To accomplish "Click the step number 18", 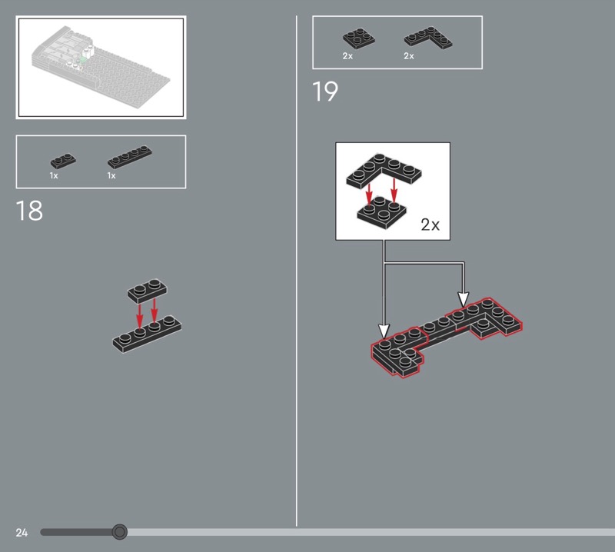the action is [29, 211].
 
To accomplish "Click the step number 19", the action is [324, 91].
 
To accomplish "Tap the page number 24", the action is [22, 532].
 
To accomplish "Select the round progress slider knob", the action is [120, 532].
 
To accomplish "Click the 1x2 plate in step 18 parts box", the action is [63, 161].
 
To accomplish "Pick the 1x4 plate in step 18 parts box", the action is [130, 157].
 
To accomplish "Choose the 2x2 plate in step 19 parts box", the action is [359, 38].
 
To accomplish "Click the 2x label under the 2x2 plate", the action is [347, 56].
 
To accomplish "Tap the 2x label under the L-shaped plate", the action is [409, 56].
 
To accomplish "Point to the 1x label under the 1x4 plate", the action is [111, 176].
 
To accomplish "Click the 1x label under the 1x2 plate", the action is [54, 176].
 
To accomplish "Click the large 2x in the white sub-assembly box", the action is [430, 224].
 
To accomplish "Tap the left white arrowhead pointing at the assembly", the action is [384, 331].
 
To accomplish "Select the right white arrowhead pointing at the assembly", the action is [464, 299].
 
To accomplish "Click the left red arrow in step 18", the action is [140, 313].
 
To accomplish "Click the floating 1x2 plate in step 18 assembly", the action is [147, 291].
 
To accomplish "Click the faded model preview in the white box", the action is [101, 67].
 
